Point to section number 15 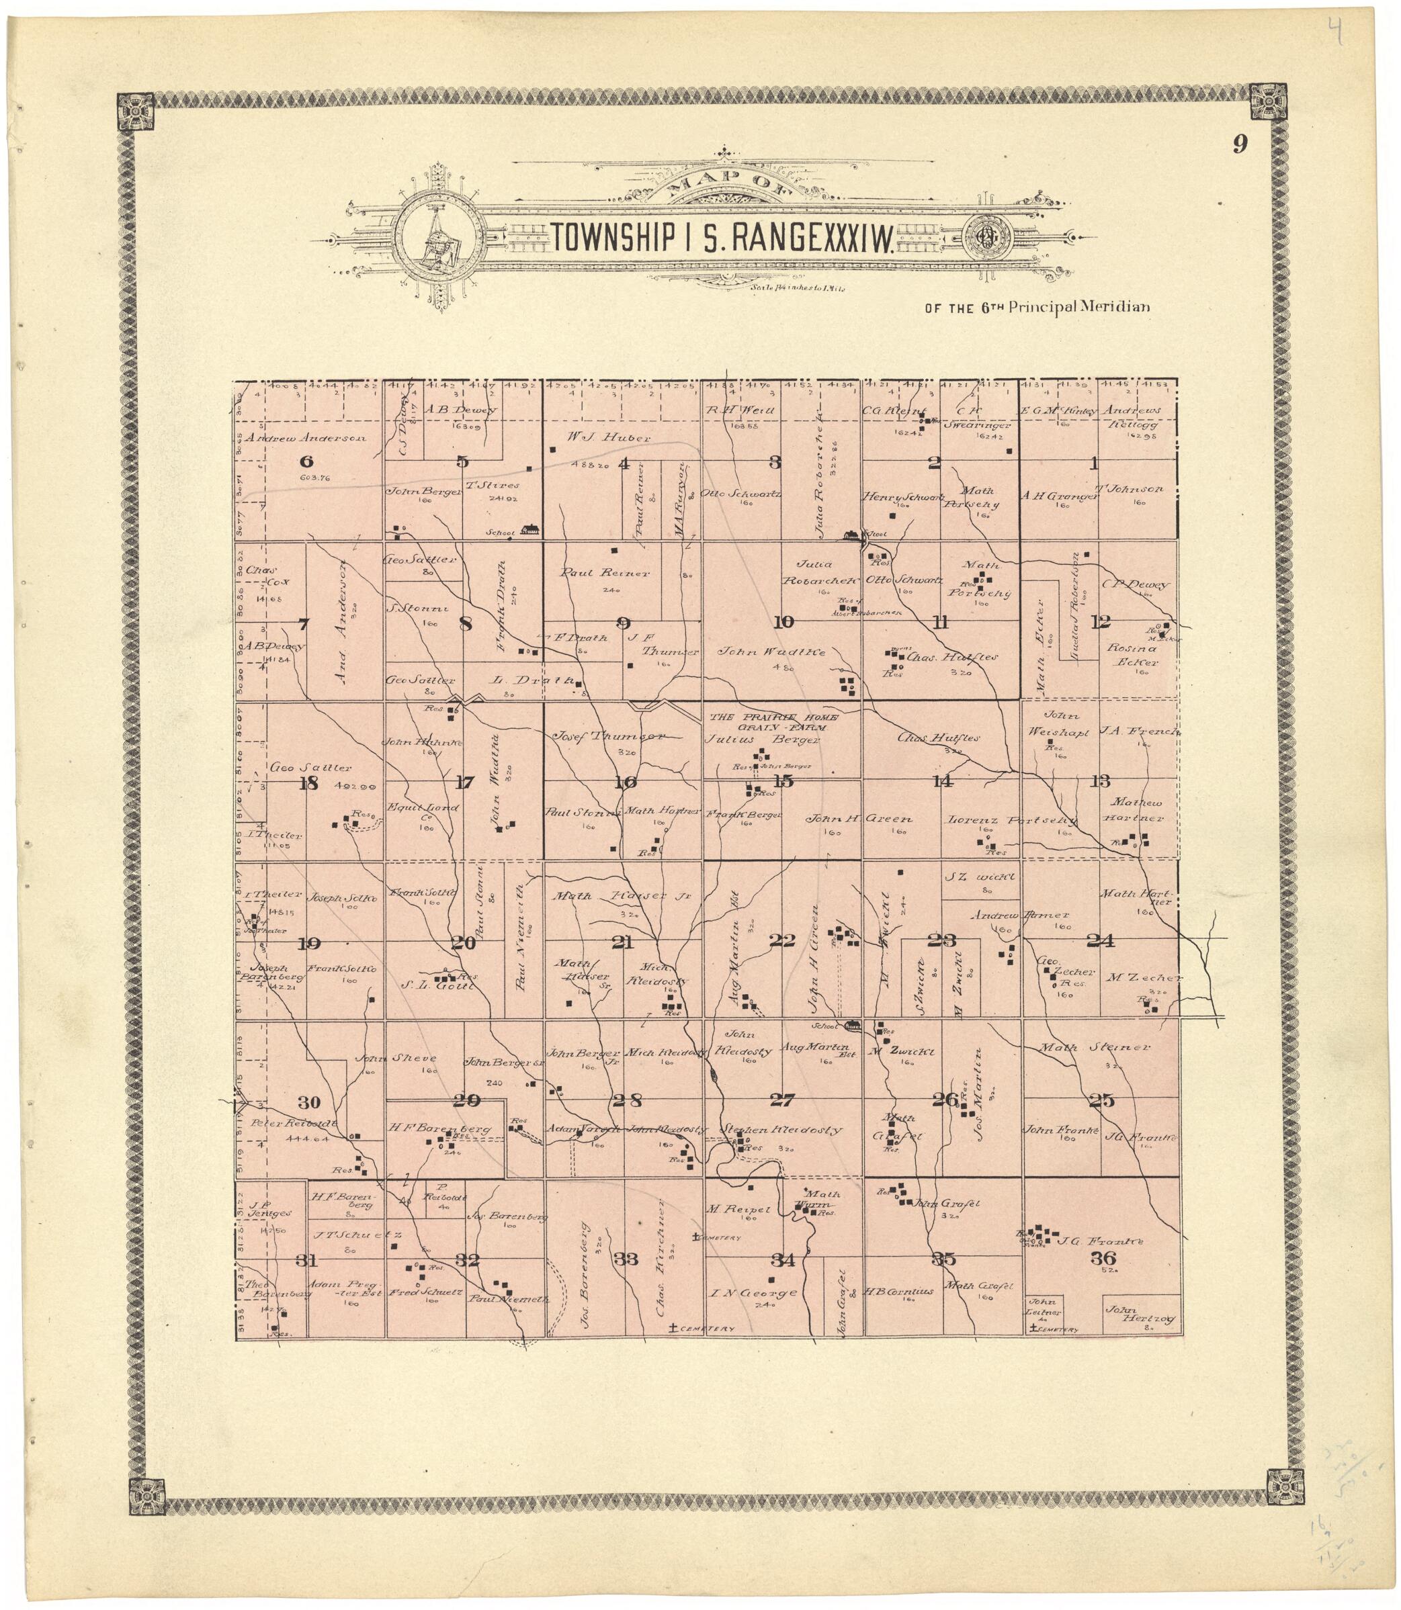(x=783, y=782)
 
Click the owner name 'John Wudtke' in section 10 (x=773, y=651)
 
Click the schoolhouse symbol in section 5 (x=532, y=529)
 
